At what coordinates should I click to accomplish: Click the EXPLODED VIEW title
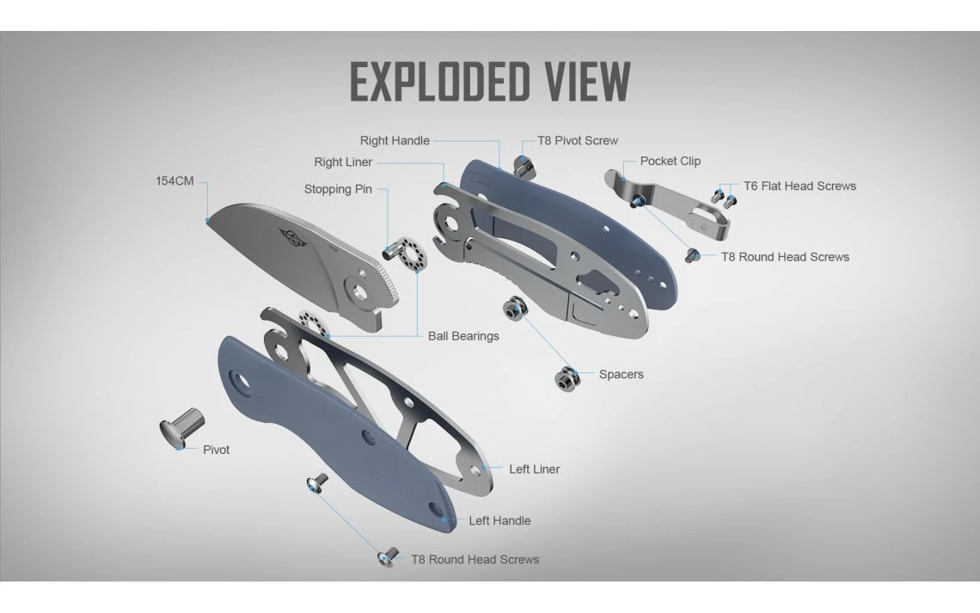point(490,83)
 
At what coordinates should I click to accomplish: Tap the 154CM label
point(175,181)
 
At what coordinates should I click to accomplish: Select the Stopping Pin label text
point(338,189)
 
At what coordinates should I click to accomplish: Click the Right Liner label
point(343,162)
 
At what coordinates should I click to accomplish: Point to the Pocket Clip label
point(670,161)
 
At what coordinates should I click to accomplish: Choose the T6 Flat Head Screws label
point(799,186)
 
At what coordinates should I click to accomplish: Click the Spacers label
point(621,375)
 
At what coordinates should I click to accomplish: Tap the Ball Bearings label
point(463,336)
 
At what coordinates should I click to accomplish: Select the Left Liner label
point(534,469)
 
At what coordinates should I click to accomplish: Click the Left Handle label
point(499,521)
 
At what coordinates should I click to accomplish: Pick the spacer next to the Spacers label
point(567,377)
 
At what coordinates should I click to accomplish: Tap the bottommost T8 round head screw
point(386,559)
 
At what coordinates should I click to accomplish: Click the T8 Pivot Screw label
point(578,141)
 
